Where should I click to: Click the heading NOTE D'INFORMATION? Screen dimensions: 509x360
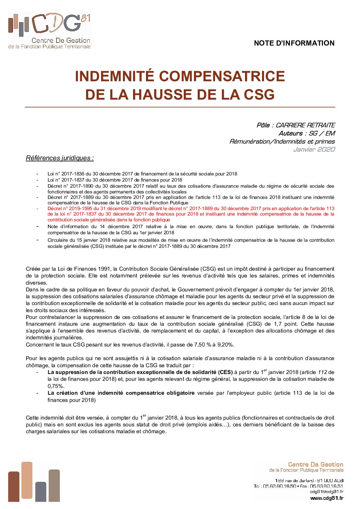(x=294, y=43)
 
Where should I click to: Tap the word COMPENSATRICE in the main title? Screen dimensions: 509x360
(x=222, y=76)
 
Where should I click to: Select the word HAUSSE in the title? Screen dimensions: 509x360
(x=163, y=95)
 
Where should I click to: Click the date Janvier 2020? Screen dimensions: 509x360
(x=314, y=149)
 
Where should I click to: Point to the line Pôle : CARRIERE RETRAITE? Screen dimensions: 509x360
(x=296, y=125)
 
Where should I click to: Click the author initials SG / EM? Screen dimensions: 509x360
(x=322, y=133)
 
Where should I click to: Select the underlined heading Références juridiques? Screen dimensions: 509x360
(x=60, y=158)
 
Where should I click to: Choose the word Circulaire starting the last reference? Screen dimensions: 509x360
(x=58, y=240)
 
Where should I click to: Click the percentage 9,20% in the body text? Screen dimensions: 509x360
(x=225, y=345)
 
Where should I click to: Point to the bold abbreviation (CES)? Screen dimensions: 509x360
(x=225, y=372)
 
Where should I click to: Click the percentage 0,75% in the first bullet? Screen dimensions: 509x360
(x=56, y=386)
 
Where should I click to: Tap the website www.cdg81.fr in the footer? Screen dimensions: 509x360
(x=327, y=498)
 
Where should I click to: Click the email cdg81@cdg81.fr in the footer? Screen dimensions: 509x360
(x=326, y=492)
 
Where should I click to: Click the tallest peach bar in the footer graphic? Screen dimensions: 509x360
(x=27, y=481)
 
